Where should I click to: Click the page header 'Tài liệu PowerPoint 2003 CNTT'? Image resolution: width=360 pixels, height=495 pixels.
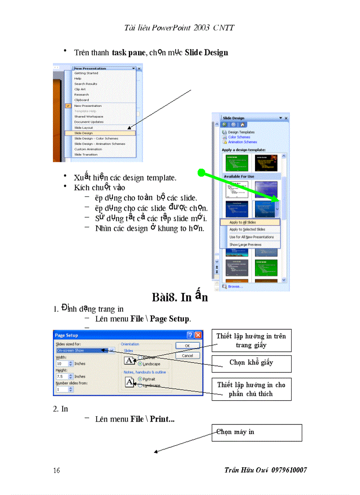pos(179,28)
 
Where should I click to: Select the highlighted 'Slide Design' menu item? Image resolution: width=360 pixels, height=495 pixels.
pos(84,133)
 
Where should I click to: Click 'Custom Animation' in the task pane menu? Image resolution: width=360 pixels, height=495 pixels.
pos(88,149)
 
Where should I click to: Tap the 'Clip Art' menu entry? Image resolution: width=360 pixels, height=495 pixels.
pos(80,89)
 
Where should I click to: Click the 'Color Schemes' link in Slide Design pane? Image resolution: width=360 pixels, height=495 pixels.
pos(239,137)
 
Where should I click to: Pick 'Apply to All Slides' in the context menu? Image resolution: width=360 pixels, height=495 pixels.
pos(242,223)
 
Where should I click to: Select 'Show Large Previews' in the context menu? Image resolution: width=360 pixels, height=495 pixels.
pos(245,245)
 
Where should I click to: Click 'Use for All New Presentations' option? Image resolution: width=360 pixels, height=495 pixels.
pos(251,237)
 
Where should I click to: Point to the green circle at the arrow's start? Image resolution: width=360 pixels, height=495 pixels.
pos(201,173)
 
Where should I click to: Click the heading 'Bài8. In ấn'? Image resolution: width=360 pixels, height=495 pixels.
pos(179,297)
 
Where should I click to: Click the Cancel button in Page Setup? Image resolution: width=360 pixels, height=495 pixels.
pos(187,355)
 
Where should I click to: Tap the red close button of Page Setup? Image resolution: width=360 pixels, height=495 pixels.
pos(199,335)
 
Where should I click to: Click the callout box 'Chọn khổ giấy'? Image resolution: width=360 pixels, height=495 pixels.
pos(251,363)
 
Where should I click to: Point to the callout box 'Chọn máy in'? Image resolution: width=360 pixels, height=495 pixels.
pos(257,432)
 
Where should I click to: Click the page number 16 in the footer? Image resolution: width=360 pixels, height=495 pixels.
pos(56,470)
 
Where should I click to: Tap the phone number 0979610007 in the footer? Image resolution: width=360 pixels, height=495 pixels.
pos(289,470)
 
